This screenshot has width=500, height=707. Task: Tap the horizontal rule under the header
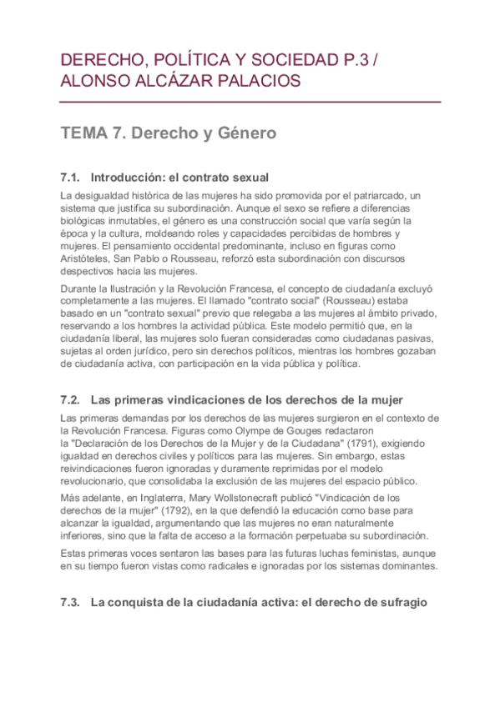click(x=250, y=102)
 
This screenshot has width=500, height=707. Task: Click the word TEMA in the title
click(x=84, y=133)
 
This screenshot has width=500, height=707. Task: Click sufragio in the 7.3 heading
click(x=404, y=599)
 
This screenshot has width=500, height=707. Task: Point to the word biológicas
click(x=88, y=221)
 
